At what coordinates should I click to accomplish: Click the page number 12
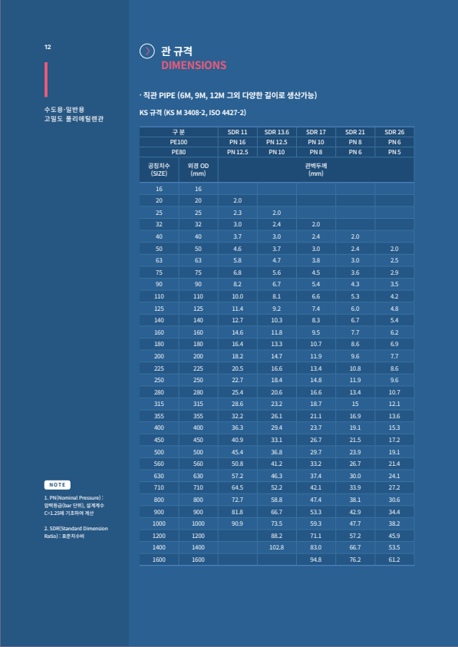tap(48, 47)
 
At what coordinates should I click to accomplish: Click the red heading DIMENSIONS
tap(193, 65)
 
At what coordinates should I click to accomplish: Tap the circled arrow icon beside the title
tap(147, 51)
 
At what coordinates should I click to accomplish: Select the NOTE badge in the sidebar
tap(58, 485)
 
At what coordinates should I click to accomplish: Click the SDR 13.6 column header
tap(276, 132)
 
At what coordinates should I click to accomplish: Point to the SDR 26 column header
tap(394, 132)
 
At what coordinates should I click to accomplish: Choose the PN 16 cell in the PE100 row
tap(237, 142)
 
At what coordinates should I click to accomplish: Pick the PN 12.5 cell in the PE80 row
tap(237, 152)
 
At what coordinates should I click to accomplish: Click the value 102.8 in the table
tap(276, 546)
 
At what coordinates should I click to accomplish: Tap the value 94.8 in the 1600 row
tap(315, 560)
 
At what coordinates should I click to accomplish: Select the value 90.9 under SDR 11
tap(237, 523)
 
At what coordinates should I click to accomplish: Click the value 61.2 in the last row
tap(394, 560)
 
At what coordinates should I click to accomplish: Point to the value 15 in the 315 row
tap(355, 403)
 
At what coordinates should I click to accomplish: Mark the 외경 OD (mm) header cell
tap(198, 169)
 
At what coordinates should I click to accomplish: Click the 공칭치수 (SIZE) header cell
tap(159, 169)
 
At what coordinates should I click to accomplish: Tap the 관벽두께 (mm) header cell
tap(315, 169)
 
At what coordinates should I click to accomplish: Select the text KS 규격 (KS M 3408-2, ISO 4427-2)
tap(193, 113)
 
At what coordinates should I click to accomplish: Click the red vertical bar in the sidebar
tap(46, 79)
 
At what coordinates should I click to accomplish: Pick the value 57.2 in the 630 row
tap(237, 476)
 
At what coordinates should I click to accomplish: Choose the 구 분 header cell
tap(179, 132)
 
